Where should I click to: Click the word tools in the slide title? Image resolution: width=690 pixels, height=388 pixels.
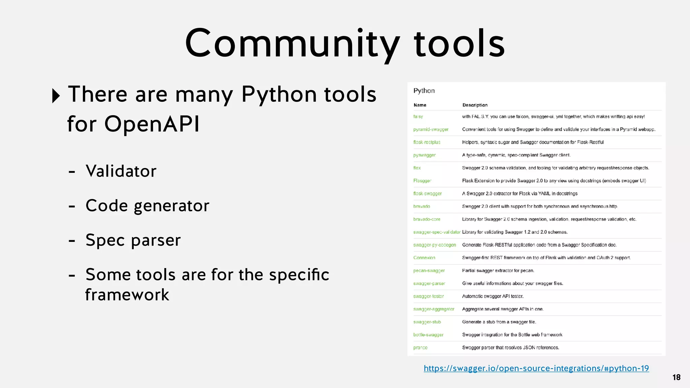459,44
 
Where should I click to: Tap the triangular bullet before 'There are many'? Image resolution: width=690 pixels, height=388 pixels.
56,96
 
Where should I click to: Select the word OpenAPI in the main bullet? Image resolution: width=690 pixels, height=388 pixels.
152,124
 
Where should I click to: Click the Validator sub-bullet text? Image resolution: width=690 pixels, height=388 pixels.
121,171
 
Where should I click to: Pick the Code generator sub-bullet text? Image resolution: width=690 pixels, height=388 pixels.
147,206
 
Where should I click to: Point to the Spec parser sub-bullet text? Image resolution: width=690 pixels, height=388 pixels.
133,240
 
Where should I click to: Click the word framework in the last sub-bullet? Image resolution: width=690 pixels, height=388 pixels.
127,295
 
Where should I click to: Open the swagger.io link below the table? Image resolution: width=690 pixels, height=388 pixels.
536,368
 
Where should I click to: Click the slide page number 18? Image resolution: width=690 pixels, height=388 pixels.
676,377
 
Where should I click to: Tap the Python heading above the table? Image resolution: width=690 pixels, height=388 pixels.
424,91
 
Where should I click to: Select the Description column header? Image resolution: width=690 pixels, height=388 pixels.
475,105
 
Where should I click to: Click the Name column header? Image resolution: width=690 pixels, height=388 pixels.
420,105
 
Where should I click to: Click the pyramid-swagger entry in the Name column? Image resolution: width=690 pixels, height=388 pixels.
431,129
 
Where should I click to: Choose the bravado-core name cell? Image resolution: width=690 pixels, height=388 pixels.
427,219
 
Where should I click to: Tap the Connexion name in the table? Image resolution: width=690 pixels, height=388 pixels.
424,258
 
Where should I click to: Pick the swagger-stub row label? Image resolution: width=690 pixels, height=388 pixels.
427,322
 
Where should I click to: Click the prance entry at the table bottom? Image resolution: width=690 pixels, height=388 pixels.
420,348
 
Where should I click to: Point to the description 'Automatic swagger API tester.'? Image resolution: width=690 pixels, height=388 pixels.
493,296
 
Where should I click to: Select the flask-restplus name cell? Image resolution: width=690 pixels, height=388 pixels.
427,142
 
